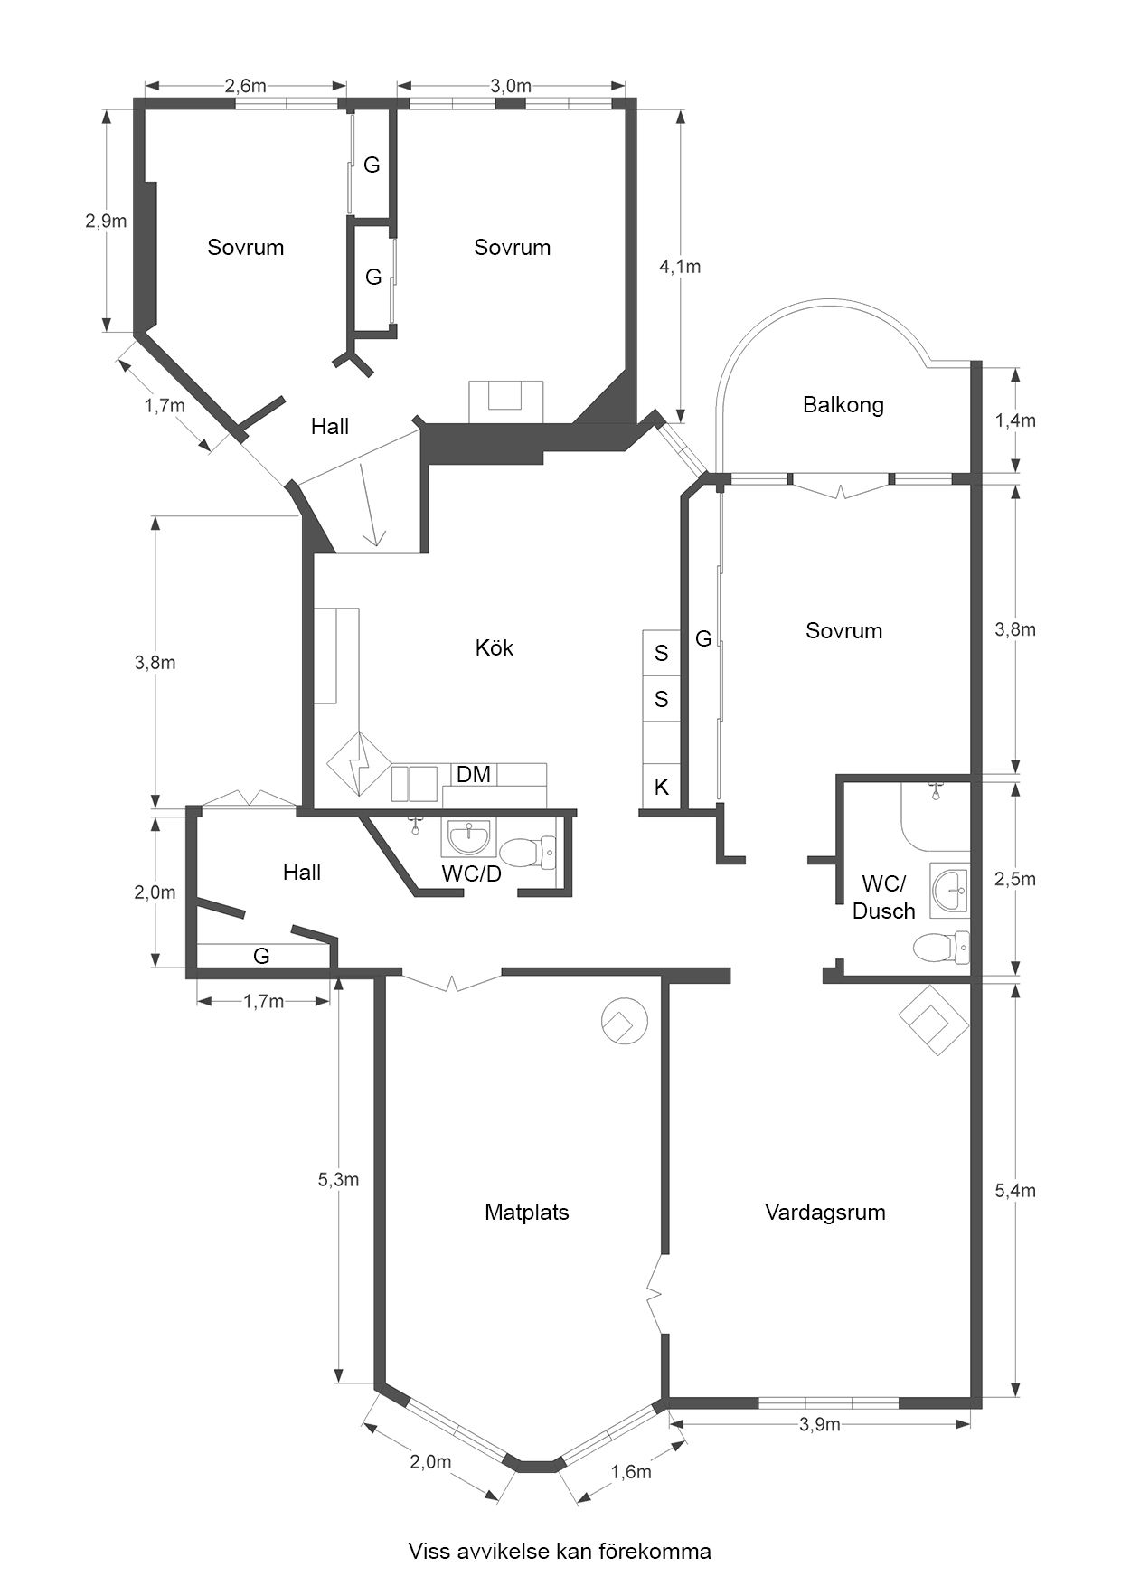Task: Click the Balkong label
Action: point(843,405)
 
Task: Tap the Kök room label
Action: point(495,647)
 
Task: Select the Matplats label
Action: point(527,1213)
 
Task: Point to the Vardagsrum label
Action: point(825,1213)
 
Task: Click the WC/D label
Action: point(471,873)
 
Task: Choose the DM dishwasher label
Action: point(474,774)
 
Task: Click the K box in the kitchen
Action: point(662,787)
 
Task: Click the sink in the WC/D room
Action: point(467,837)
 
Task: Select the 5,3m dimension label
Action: point(338,1179)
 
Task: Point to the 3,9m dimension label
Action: point(820,1425)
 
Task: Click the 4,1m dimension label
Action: point(680,267)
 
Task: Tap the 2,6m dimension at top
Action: point(246,86)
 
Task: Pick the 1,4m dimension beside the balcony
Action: point(1015,420)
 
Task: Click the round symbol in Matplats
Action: point(625,1021)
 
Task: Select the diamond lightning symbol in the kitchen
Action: point(360,764)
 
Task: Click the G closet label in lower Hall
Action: point(261,956)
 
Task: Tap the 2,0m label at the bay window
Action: point(430,1462)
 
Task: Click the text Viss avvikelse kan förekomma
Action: point(560,1552)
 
